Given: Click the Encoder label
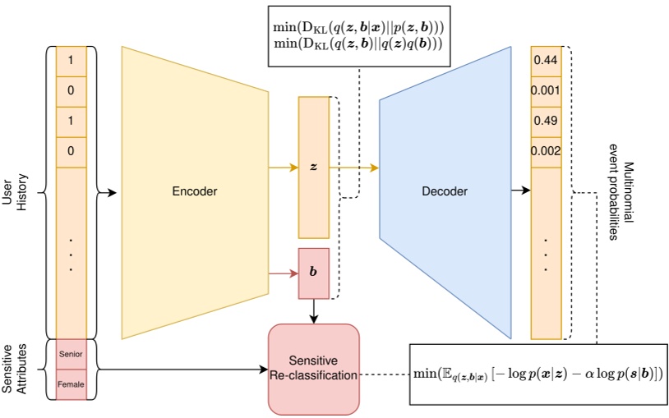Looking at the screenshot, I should (x=195, y=191).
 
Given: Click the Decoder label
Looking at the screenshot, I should (x=445, y=191).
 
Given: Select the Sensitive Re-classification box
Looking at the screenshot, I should (x=314, y=369).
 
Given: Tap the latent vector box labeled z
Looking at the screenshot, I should (x=313, y=167).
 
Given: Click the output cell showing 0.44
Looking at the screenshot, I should (x=547, y=61).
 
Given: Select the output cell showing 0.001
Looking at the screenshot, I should (x=547, y=90).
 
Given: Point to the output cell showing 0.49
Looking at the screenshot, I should (x=547, y=121).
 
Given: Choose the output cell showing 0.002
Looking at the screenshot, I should (x=547, y=151).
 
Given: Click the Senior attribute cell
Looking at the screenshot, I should (x=71, y=354).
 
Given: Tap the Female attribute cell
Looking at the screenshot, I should (x=71, y=384).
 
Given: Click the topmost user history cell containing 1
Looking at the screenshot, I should (x=71, y=61).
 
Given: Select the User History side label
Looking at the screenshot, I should (x=16, y=191).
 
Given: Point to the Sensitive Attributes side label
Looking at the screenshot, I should (x=16, y=370).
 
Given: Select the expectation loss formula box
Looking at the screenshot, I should (x=537, y=374).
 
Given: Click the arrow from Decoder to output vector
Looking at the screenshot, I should (x=519, y=191).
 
